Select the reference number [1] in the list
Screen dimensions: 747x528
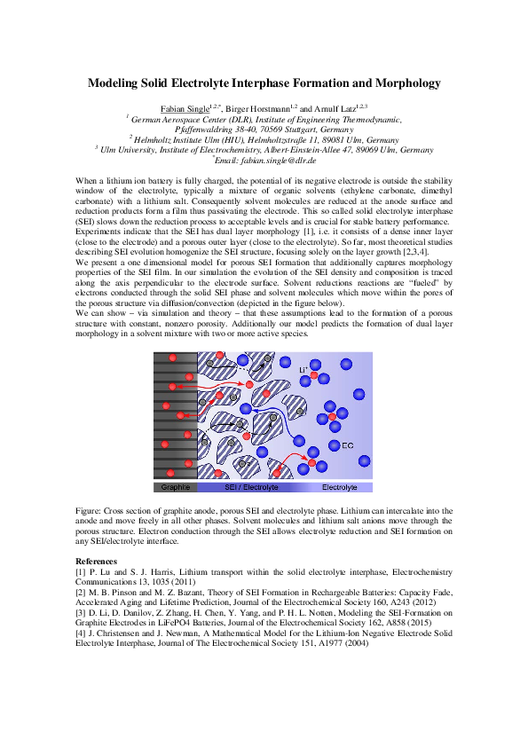pyautogui.click(x=81, y=571)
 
